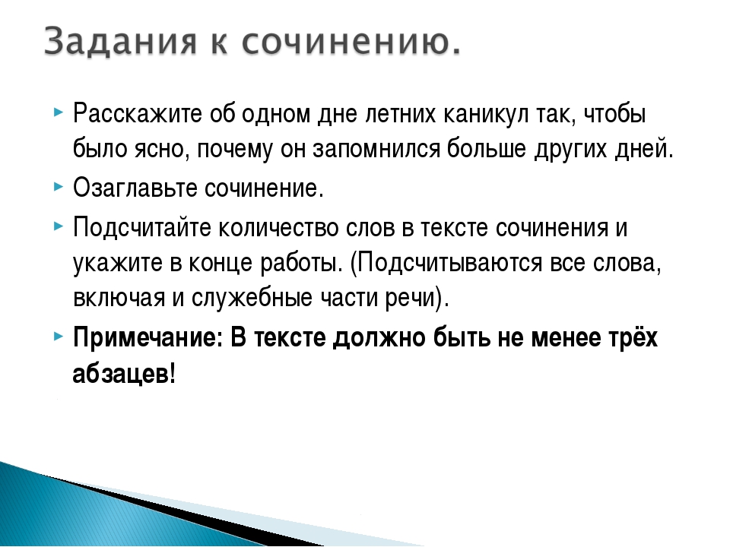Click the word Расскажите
coord(138,113)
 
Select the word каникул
coord(486,115)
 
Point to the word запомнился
coord(376,150)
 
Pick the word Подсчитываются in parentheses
coord(447,264)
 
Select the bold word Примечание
coord(148,337)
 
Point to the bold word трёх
coord(631,337)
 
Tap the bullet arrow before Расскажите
coord(58,112)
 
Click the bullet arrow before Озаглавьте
coord(58,187)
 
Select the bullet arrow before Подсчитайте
coord(58,226)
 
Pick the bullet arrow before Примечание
coord(58,336)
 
